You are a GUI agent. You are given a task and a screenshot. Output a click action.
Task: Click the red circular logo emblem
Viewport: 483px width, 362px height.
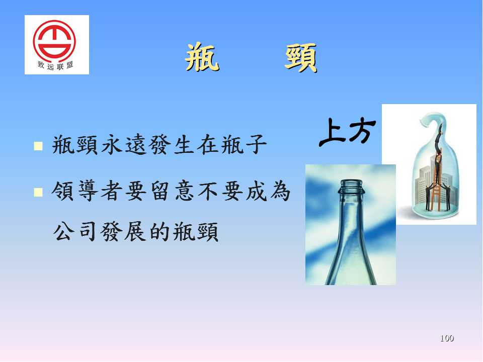54,40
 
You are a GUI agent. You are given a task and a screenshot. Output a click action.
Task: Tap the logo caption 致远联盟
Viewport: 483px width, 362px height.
55,65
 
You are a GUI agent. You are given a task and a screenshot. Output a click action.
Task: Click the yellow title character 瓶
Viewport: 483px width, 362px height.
202,57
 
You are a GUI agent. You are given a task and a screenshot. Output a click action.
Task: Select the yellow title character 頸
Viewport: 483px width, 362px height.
301,57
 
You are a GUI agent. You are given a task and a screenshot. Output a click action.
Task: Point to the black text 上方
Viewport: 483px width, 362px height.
348,132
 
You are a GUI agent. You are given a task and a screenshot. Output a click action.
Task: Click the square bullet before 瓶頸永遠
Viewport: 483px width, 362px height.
38,146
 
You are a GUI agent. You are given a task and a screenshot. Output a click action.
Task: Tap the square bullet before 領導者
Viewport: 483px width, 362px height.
38,192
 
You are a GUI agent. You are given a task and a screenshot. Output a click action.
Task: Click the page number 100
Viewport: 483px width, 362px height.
447,338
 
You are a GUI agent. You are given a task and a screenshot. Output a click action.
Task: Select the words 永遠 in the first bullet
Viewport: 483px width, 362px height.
124,145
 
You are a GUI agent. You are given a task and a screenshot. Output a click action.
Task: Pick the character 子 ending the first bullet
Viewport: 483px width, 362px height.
256,145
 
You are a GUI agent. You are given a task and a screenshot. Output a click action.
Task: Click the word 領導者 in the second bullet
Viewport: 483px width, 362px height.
88,191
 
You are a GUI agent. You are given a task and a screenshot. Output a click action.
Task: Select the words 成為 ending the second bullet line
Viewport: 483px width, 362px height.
268,191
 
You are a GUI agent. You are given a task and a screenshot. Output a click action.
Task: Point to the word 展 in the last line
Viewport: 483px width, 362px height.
135,231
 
